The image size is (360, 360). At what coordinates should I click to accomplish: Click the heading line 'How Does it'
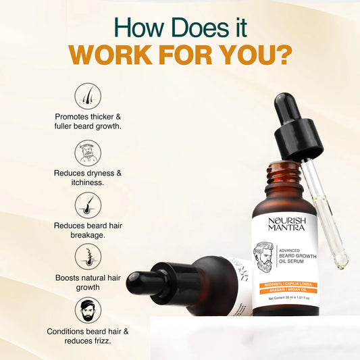tap(180, 26)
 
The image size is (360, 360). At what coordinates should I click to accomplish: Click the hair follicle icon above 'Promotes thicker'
tap(88, 96)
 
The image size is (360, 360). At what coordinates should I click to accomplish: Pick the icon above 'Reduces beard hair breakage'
tap(88, 205)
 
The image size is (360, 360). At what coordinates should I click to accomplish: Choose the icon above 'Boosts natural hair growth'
tap(88, 257)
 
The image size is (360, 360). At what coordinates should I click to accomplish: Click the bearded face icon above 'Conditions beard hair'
tap(88, 310)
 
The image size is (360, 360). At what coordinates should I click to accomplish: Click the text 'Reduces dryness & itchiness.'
tap(88, 178)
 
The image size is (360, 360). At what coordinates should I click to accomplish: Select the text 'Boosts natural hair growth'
tap(88, 282)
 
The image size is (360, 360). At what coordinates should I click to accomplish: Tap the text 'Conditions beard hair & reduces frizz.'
tap(88, 336)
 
